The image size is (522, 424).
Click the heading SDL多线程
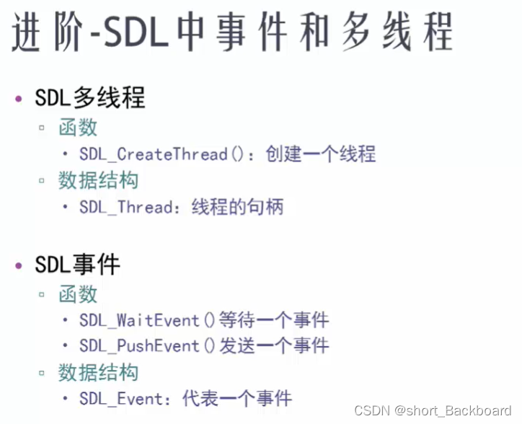pos(89,97)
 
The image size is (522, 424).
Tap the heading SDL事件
pos(77,265)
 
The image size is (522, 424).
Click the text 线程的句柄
pos(237,208)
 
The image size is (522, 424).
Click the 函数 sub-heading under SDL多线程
pos(78,128)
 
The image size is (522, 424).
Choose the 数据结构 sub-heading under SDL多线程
pos(98,180)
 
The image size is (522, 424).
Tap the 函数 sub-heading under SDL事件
pos(78,294)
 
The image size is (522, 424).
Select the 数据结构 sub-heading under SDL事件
pos(98,372)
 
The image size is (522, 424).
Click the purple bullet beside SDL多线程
pos(19,99)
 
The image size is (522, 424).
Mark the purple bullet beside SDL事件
pos(19,266)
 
